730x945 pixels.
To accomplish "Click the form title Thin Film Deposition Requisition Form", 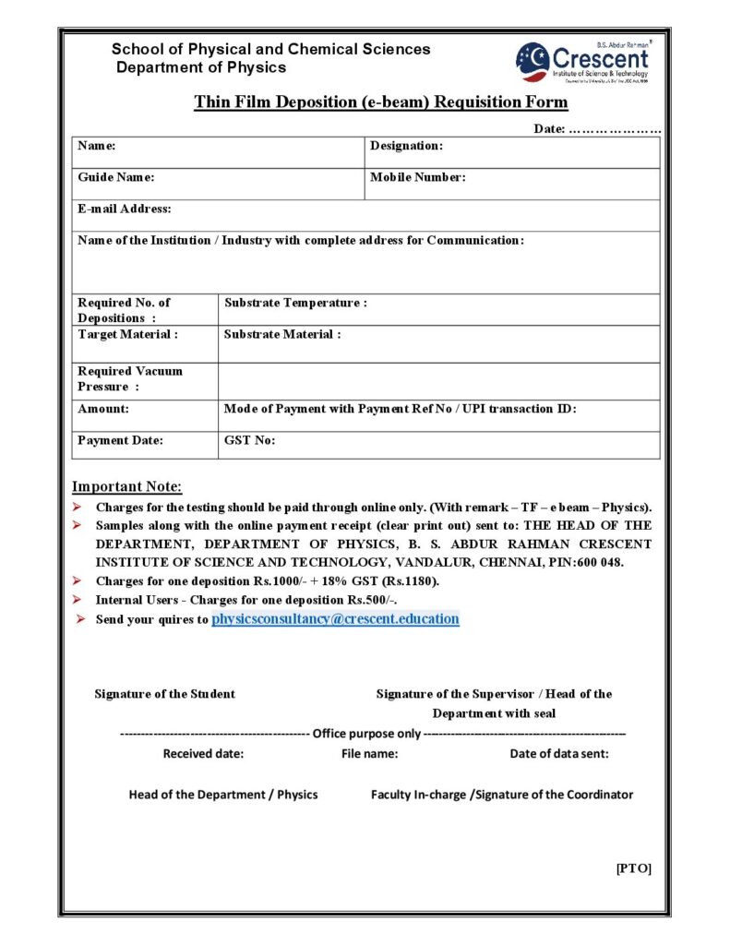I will coord(380,102).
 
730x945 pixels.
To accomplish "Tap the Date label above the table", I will coord(550,129).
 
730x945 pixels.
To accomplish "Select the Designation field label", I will coord(406,146).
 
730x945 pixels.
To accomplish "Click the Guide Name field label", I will coord(115,177).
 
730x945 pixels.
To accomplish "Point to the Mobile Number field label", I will coord(417,177).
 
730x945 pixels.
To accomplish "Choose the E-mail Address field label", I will coord(124,209).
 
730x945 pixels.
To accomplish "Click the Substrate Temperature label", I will coord(295,303).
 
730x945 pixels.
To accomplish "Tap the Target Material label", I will coord(127,334).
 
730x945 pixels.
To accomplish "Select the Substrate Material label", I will coord(282,334).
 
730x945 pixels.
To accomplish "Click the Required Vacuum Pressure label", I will coord(129,378).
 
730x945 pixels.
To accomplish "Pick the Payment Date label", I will coord(120,440).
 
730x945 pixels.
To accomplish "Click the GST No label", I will coord(249,440).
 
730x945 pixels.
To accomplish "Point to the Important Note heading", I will coord(127,486).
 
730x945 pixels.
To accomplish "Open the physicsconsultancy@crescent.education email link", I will coord(335,619).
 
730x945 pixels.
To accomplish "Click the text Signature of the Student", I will coord(164,694).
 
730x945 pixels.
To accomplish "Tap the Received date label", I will coord(203,753).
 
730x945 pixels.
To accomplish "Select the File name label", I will coord(369,753).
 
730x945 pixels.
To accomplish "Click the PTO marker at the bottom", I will coord(633,868).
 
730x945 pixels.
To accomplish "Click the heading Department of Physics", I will coord(201,67).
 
